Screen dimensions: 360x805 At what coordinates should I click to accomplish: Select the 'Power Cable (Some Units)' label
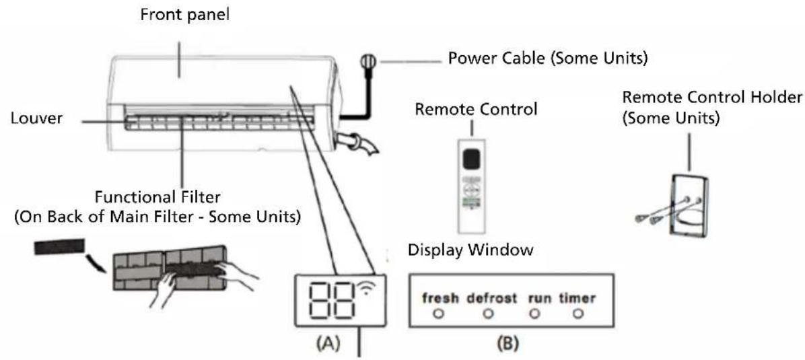click(548, 59)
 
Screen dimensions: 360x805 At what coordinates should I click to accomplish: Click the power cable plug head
click(370, 63)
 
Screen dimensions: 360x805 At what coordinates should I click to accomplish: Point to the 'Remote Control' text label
click(476, 108)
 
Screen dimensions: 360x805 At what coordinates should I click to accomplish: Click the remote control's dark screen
click(473, 159)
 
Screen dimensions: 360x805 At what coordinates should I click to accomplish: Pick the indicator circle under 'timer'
click(576, 313)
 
